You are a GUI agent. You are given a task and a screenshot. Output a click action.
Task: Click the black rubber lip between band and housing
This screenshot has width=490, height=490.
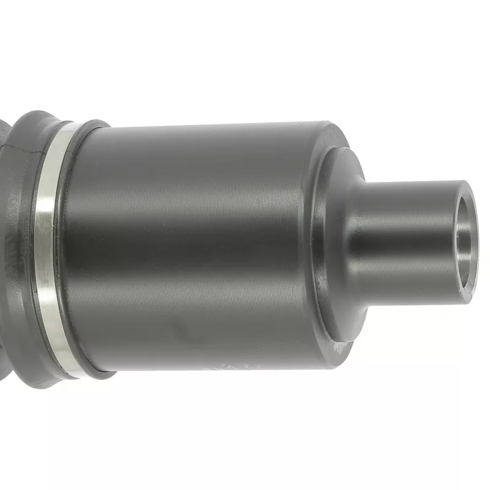[x=67, y=245]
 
